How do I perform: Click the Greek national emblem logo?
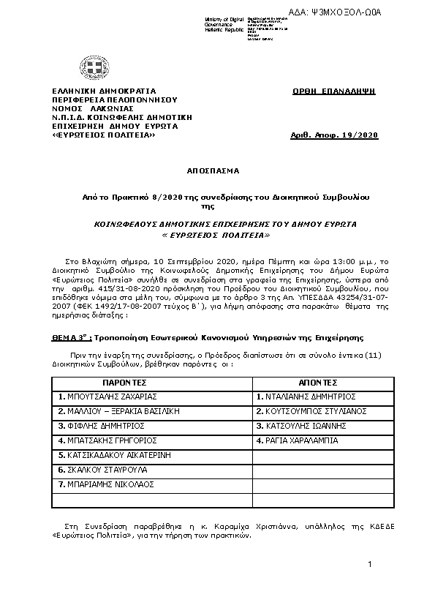tap(93, 70)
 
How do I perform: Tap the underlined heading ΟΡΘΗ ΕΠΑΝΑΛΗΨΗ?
tap(333, 91)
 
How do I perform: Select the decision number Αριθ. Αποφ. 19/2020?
tap(334, 136)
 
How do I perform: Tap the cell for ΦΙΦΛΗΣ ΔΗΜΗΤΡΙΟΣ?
tap(95, 426)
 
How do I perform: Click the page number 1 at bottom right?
tap(370, 564)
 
